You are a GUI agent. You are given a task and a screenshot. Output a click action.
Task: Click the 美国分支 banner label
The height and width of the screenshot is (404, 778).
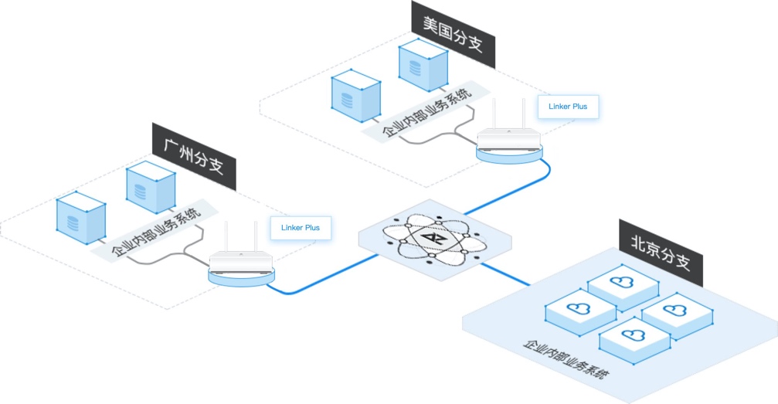pyautogui.click(x=453, y=33)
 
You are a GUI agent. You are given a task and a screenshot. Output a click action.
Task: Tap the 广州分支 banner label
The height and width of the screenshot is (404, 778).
pyautogui.click(x=193, y=156)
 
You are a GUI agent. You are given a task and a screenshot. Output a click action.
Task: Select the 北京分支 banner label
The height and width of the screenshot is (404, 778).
pyautogui.click(x=661, y=252)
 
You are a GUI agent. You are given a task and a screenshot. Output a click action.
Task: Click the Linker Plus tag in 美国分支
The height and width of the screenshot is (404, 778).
pyautogui.click(x=568, y=106)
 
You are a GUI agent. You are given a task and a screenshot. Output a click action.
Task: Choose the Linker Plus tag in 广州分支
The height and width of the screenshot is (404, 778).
pyautogui.click(x=301, y=228)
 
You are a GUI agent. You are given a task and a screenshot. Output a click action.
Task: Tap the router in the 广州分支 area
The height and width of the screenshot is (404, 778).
pyautogui.click(x=242, y=262)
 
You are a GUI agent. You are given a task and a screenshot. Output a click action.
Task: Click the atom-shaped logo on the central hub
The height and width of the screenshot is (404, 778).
pyautogui.click(x=432, y=237)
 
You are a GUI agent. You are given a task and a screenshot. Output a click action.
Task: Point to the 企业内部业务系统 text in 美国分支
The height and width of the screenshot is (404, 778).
pyautogui.click(x=427, y=113)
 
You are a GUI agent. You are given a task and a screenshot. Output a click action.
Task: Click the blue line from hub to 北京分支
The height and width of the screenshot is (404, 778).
pyautogui.click(x=505, y=274)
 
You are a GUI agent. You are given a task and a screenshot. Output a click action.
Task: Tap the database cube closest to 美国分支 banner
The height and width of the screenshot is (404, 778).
pyautogui.click(x=423, y=66)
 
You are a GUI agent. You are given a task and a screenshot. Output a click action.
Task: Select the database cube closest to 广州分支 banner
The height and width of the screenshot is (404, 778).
pyautogui.click(x=151, y=187)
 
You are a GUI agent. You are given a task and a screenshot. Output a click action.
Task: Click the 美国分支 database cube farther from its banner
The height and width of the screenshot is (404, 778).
pyautogui.click(x=356, y=96)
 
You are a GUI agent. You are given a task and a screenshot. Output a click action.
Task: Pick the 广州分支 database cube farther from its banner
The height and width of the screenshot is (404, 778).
pyautogui.click(x=81, y=218)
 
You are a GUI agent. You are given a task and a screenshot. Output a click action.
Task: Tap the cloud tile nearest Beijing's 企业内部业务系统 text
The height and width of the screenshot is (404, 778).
pyautogui.click(x=634, y=341)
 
